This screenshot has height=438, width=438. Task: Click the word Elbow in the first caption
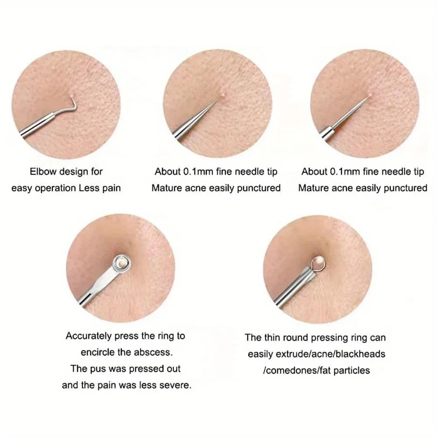[x=42, y=171]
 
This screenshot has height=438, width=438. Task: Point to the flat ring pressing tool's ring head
[x=120, y=262]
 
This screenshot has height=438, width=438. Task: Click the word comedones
[x=289, y=370]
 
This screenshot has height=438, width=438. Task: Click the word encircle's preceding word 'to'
[x=180, y=336]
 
